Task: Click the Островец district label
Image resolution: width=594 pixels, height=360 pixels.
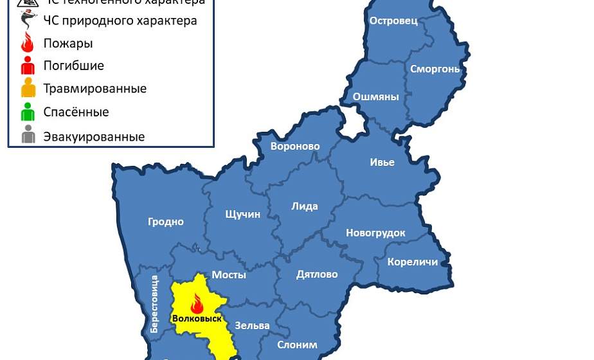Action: pos(393,21)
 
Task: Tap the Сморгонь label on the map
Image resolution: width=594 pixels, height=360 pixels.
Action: pos(435,69)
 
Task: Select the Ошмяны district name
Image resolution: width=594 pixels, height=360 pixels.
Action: pos(375,97)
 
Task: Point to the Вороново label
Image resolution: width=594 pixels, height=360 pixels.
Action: pos(295,147)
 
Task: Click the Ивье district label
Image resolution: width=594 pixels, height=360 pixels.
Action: pos(382,162)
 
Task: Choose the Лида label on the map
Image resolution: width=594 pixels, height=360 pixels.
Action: pos(305,206)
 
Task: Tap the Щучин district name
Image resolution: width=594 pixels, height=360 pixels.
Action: pos(243,214)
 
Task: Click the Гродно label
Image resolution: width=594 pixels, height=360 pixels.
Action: pos(166,222)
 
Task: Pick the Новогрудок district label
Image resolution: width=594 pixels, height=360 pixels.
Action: pos(375,233)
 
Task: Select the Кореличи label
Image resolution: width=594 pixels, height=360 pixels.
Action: pos(413,262)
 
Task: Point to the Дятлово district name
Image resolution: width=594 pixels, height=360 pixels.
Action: pos(317,274)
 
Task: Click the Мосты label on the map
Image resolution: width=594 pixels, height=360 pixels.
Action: pos(229,274)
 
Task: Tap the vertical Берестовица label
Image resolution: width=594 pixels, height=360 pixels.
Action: pos(154,304)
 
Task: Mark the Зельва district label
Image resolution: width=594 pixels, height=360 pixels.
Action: pos(252,325)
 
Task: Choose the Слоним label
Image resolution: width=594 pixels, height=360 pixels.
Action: pos(297,345)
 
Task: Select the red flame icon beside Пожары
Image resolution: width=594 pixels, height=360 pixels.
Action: pos(28,42)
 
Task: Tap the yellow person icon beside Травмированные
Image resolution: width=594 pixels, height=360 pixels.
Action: pos(28,88)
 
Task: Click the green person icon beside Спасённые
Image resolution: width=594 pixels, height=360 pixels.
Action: pos(28,112)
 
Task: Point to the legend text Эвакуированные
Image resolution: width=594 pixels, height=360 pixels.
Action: pos(94,137)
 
